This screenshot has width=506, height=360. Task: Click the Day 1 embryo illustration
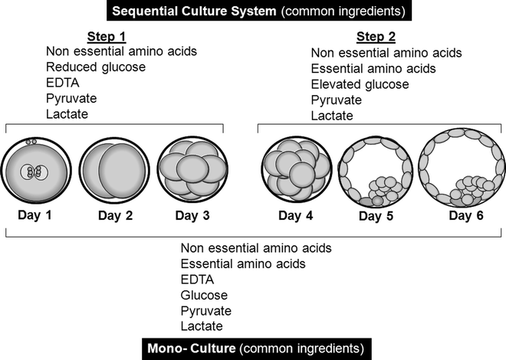tap(35, 172)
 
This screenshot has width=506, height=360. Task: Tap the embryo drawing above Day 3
tap(192, 172)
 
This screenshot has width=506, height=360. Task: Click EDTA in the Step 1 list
tap(61, 83)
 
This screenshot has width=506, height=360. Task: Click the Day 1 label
tap(34, 214)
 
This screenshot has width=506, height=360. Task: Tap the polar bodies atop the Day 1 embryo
tap(31, 142)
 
